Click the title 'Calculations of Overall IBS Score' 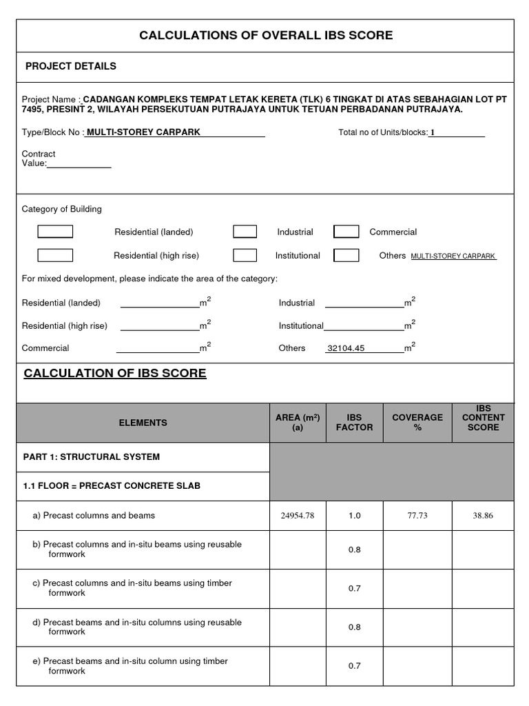(x=266, y=35)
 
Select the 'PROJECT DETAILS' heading (x=71, y=66)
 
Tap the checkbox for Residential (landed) (x=55, y=232)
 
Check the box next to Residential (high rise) (x=55, y=255)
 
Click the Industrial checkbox (x=245, y=232)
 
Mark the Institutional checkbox (x=245, y=255)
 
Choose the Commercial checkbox (x=346, y=232)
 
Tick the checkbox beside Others (x=346, y=255)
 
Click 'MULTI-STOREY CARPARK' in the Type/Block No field (x=143, y=132)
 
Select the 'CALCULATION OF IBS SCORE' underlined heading (x=115, y=373)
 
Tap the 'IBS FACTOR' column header (x=355, y=423)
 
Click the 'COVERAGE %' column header (x=417, y=423)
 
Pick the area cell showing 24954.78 (x=298, y=516)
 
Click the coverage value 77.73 (x=417, y=516)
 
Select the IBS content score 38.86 (x=483, y=516)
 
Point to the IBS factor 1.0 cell (x=355, y=516)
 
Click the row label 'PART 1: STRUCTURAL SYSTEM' (x=91, y=457)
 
